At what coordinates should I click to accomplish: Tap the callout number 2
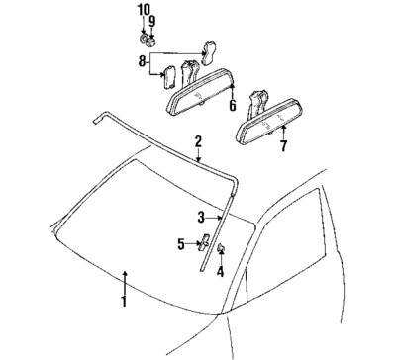[198, 141]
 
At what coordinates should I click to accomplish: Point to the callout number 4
[220, 270]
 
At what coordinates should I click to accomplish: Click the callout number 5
[181, 243]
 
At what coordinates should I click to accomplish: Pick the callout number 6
[232, 105]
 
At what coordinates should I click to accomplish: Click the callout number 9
[151, 20]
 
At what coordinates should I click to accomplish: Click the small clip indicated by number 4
[220, 248]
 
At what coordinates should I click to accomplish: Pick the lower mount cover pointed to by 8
[168, 76]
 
